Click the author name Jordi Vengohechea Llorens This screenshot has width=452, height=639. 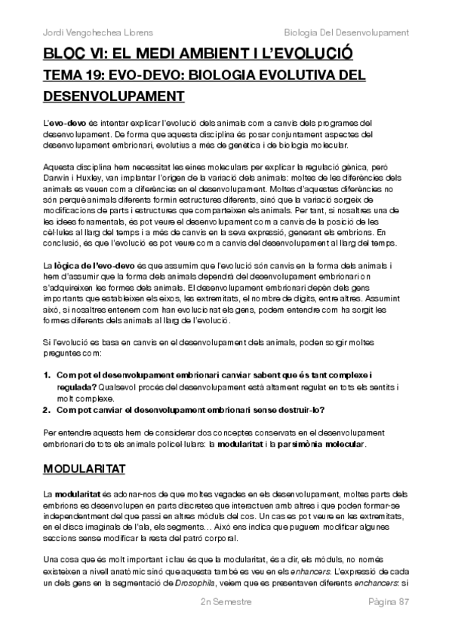(94, 33)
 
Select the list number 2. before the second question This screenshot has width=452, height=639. (47, 410)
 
